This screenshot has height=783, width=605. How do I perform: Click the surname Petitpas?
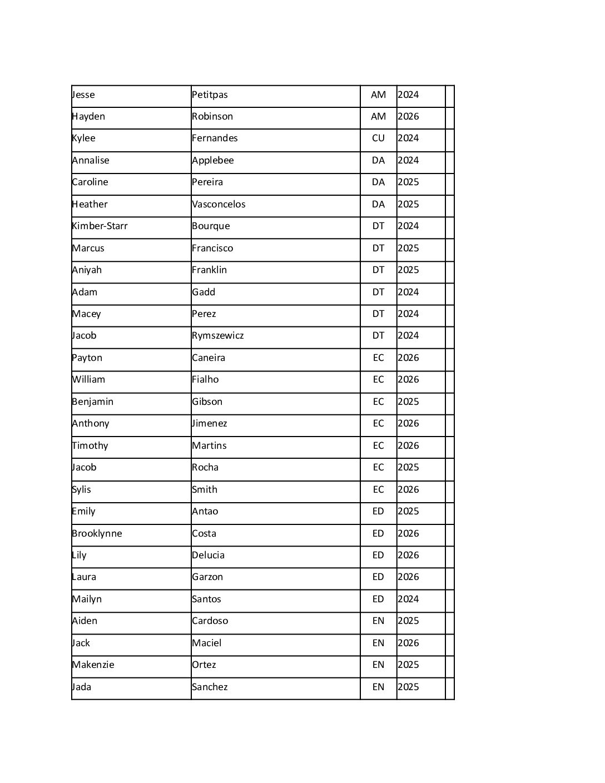[x=210, y=95]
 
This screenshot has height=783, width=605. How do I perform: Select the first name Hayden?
[x=88, y=116]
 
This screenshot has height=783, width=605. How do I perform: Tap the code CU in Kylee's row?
[x=378, y=138]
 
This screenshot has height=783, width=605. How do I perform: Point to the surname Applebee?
[x=212, y=160]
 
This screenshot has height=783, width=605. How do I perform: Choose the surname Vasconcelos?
[x=219, y=204]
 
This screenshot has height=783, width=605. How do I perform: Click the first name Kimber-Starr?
[x=100, y=226]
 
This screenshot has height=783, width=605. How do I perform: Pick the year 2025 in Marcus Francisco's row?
[x=408, y=248]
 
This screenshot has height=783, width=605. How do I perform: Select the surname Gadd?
[x=204, y=292]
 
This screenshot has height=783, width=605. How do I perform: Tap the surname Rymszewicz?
[x=217, y=335]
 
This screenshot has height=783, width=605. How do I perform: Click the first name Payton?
[x=87, y=358]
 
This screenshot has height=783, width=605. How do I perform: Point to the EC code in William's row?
[x=378, y=379]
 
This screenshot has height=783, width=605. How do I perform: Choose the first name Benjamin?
[x=92, y=402]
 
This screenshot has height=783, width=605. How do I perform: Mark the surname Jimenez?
[x=209, y=423]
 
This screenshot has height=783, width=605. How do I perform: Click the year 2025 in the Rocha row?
[x=408, y=467]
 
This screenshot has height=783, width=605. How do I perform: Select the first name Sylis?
[x=81, y=489]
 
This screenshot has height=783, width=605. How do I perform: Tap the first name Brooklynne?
[x=97, y=533]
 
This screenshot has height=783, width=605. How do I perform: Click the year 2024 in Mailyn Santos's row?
[x=408, y=599]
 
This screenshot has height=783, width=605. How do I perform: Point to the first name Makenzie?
[x=93, y=665]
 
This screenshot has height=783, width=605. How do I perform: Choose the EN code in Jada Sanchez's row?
[x=378, y=687]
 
